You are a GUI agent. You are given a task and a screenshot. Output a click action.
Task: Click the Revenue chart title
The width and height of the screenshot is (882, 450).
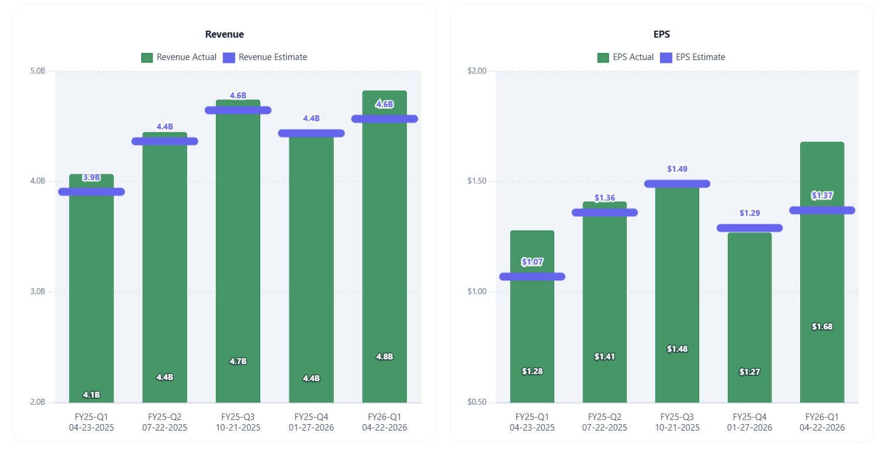(224, 34)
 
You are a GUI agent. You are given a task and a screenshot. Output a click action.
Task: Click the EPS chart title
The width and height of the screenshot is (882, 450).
(661, 34)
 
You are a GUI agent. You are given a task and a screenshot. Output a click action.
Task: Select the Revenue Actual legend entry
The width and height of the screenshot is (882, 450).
(179, 57)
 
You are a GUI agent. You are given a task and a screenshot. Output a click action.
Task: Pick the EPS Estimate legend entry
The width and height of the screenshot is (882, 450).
(693, 57)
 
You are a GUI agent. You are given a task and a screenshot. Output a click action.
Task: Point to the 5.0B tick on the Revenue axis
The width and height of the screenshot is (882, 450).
(37, 71)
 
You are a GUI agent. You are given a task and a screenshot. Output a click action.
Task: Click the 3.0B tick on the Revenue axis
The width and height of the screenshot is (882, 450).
(37, 292)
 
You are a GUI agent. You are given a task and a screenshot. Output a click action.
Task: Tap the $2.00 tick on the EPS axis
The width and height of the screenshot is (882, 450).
(477, 71)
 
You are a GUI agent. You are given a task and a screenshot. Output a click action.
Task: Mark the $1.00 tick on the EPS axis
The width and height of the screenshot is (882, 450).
(477, 292)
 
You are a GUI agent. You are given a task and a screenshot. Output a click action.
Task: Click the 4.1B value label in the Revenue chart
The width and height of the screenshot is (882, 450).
(91, 395)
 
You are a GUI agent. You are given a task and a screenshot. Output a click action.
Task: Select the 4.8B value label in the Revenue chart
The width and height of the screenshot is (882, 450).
(384, 357)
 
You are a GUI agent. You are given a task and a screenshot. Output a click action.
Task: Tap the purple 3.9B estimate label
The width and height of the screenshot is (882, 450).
(91, 177)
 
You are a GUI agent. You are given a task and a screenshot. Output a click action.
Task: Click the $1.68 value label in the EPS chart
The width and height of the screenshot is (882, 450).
(822, 327)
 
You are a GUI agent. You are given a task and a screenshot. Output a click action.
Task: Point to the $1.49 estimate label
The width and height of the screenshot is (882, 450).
(677, 169)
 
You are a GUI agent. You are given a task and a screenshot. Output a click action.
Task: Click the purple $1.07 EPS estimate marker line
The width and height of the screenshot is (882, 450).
(532, 276)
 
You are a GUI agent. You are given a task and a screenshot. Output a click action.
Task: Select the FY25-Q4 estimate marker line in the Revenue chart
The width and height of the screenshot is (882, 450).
(311, 133)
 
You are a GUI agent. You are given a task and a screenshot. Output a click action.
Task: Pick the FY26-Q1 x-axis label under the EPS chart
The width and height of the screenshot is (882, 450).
(822, 422)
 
